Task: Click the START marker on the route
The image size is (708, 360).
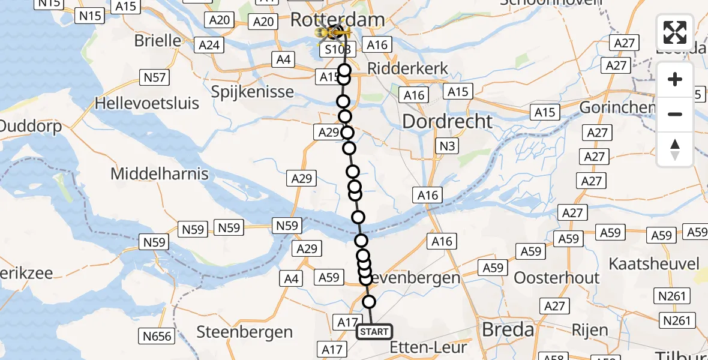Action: [x=374, y=332]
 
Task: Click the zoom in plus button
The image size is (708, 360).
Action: [x=675, y=80]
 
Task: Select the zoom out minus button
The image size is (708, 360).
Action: [x=675, y=114]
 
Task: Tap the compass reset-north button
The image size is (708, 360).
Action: [x=675, y=149]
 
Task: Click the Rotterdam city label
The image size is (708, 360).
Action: [x=337, y=19]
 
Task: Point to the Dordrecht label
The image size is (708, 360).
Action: [x=448, y=121]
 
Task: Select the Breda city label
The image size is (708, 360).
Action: [x=508, y=329]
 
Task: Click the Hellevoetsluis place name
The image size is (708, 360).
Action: [x=147, y=103]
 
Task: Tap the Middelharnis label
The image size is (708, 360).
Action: [x=160, y=174]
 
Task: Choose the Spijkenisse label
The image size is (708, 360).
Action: [x=253, y=92]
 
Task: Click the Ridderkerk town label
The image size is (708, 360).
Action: [x=408, y=68]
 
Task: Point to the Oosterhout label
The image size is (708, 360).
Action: [x=557, y=278]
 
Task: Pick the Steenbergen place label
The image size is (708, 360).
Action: [x=245, y=332]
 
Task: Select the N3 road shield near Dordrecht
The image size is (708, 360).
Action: [x=446, y=145]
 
